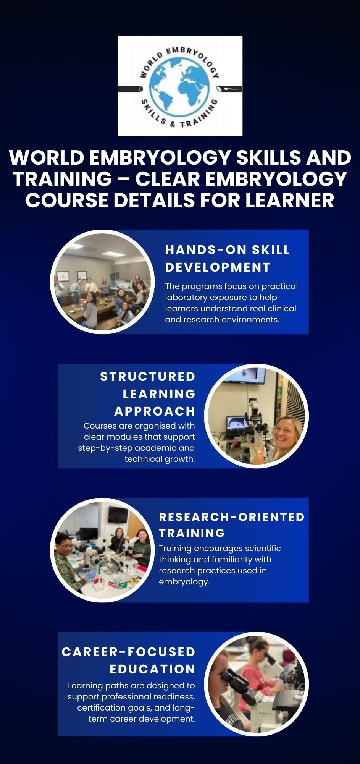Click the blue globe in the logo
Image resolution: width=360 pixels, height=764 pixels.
tap(180, 86)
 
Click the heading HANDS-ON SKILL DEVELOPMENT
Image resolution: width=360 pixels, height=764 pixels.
tap(228, 258)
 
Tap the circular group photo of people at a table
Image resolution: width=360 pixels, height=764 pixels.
tap(102, 282)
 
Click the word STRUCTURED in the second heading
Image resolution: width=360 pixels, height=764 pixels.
tap(147, 377)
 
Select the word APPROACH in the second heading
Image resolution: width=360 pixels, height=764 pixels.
tap(155, 411)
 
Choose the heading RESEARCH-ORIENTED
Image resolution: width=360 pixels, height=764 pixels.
tap(232, 517)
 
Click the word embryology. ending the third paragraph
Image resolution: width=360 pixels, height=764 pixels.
tap(184, 582)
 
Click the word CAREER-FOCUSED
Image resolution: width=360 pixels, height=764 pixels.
tap(128, 652)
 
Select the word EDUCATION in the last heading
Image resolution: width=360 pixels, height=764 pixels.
tap(152, 669)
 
